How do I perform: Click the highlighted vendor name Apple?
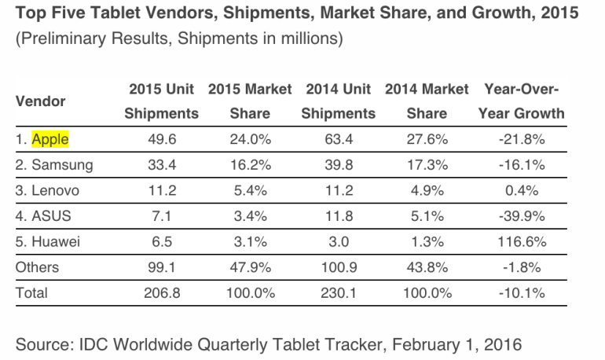[x=49, y=140]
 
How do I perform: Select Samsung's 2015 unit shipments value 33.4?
[x=161, y=165]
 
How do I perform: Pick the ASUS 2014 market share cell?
[x=427, y=216]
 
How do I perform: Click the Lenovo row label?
[x=47, y=191]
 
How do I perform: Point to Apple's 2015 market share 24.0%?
[x=250, y=140]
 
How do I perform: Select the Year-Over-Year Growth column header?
[x=521, y=101]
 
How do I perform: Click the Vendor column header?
[x=41, y=101]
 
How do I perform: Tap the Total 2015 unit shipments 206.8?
[x=161, y=292]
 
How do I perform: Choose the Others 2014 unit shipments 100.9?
[x=339, y=267]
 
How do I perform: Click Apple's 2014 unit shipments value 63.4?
[x=339, y=140]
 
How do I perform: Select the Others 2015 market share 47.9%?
[x=250, y=267]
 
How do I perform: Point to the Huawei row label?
[x=49, y=241]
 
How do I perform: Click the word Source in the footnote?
[x=41, y=343]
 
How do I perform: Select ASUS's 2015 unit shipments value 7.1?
[x=161, y=216]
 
